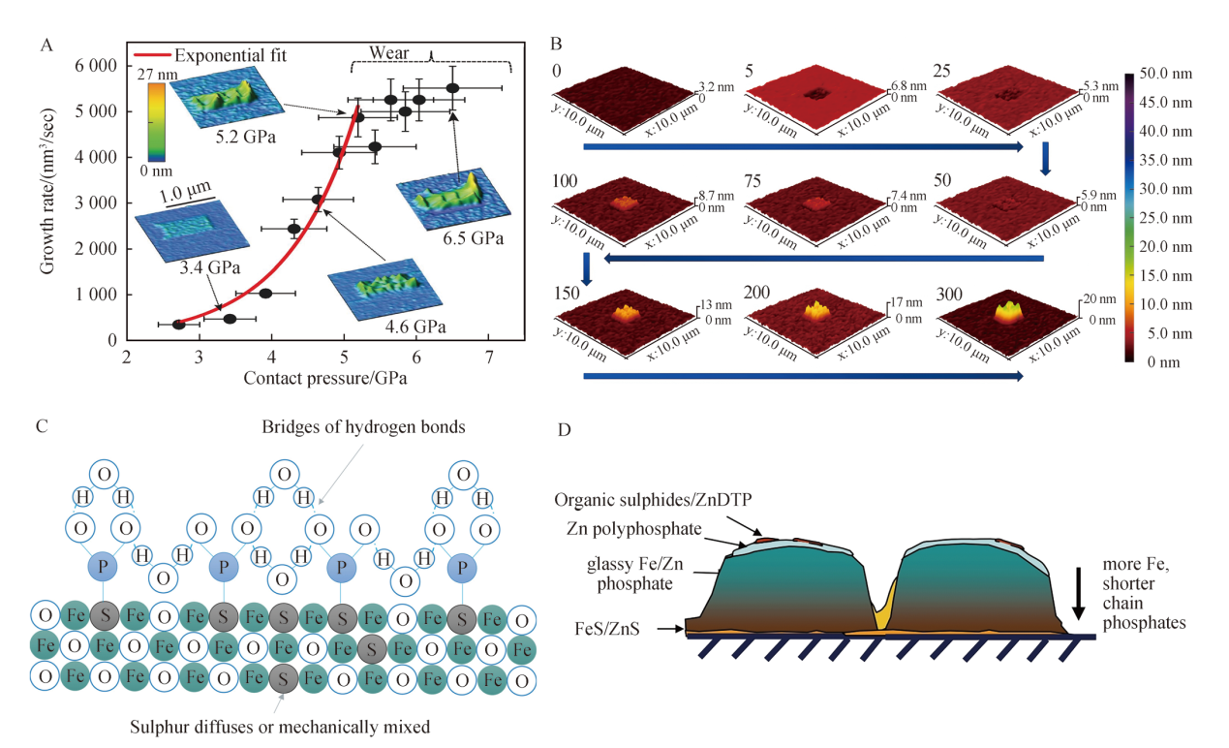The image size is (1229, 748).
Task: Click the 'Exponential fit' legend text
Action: coord(230,55)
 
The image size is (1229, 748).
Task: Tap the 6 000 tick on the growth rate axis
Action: coord(96,65)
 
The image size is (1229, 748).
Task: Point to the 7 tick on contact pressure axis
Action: coord(488,358)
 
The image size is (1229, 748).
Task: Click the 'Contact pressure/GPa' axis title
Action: coord(325,378)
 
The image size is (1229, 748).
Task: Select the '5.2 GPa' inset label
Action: coord(245,137)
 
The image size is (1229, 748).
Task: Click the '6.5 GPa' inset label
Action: coord(473,238)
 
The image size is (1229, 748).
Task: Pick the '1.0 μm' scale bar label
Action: coord(185,192)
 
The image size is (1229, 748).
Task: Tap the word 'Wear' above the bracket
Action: coord(388,52)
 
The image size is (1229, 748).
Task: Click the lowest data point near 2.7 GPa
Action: coord(178,325)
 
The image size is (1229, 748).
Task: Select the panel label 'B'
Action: coord(556,44)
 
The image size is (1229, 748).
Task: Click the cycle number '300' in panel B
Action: coord(949,295)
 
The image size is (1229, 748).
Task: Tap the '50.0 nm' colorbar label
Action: coord(1166,74)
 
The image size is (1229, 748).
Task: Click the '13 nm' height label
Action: coord(716,304)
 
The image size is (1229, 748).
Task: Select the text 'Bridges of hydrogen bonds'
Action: coord(363,427)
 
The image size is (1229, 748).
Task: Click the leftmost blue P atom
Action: coord(104,567)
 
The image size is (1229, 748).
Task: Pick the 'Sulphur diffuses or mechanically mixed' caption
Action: coord(280,727)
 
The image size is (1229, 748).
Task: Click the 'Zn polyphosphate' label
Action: coord(633,528)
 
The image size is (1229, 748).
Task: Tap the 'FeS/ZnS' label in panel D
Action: coord(607,629)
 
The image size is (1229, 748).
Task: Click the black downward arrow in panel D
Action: coord(1078,593)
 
